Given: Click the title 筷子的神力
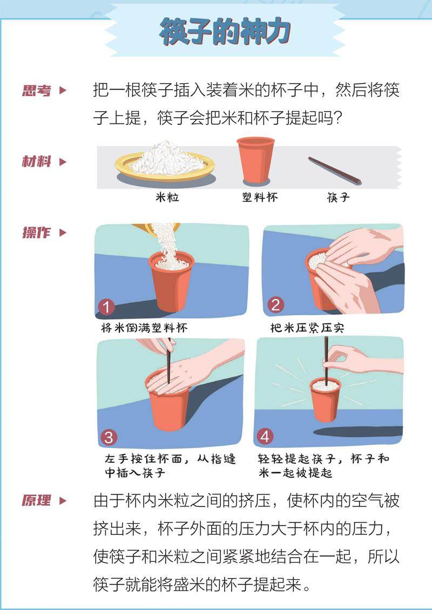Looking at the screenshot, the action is pos(225,32).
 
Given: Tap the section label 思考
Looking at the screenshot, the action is pos(37,91).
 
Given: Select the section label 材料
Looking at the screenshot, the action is pos(37,161).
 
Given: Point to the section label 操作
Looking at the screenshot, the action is pos(37,233).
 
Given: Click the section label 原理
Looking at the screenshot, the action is pos(37,500).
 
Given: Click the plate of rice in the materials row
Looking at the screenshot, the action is pos(165,164).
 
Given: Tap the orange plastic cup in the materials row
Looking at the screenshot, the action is pos(256,160).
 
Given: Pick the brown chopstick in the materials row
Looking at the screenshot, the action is pos(335,171).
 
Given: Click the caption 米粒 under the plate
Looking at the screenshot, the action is pos(167,198).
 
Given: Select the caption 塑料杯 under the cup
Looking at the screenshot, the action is pos(260,198).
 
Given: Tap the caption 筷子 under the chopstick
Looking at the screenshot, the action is pos(338,198).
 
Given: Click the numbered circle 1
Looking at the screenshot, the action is pos(106,307).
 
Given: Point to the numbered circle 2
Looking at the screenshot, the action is pos(275,304).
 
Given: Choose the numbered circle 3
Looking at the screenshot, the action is pos(109,437).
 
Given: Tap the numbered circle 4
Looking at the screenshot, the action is pos(265,437).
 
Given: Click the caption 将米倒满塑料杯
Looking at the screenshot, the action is pos(144,328).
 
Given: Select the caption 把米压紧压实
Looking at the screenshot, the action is pos(307,328).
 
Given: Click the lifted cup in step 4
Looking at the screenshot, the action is pos(326,399).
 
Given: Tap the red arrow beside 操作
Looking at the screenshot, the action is pos(63,233).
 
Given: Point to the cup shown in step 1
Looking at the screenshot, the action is pos(171,281).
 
